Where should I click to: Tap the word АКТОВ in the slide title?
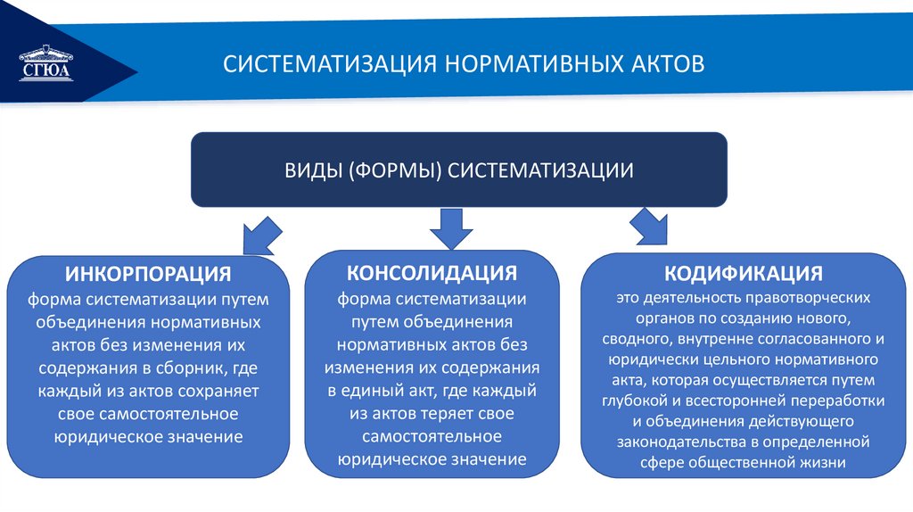[x=658, y=64]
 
